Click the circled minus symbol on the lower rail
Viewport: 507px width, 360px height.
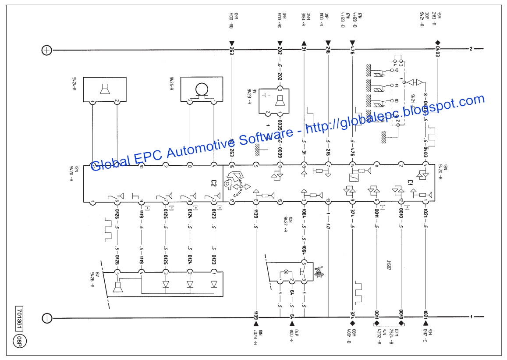46,317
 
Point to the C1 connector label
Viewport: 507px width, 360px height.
411,182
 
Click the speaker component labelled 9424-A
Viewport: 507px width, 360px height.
105,89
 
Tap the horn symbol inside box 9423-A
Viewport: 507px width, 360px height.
278,101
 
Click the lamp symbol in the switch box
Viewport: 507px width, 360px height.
287,271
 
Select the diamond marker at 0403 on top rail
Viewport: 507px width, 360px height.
437,43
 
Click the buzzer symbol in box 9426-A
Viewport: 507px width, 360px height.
117,287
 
